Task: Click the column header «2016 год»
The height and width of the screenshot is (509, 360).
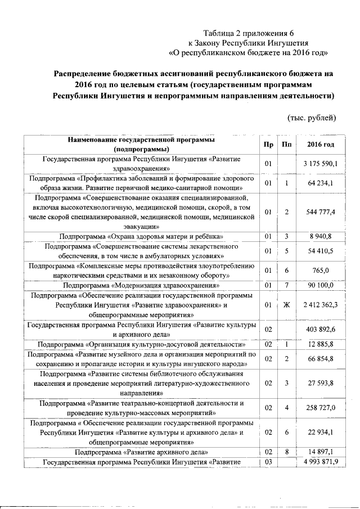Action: coord(320,145)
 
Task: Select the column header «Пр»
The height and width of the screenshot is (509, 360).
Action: coord(268,145)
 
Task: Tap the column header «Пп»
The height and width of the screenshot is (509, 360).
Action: coord(287,145)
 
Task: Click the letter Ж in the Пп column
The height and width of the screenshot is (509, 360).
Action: coord(287,305)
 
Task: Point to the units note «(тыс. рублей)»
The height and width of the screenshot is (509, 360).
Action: coord(312,118)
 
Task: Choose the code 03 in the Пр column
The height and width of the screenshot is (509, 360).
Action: coord(268,462)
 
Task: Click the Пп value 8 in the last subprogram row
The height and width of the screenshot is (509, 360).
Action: coord(287,452)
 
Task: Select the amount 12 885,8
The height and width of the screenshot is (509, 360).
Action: coord(320,344)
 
